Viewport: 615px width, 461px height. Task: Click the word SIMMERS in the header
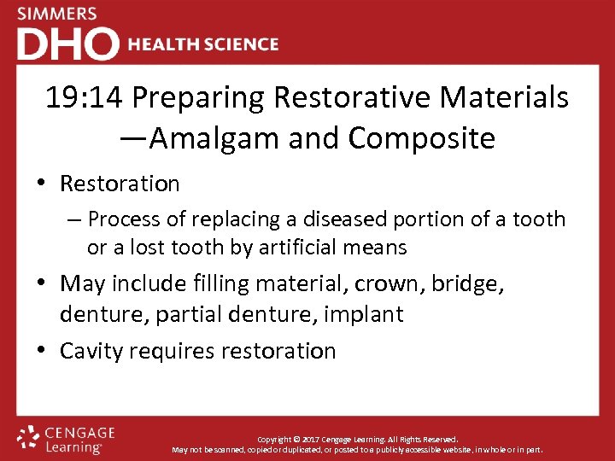57,14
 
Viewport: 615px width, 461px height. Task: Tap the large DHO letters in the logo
67,44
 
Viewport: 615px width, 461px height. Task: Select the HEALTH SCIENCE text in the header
202,44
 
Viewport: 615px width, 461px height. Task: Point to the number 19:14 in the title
85,98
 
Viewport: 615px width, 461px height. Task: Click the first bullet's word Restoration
120,184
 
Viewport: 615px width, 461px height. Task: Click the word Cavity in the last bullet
91,351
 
